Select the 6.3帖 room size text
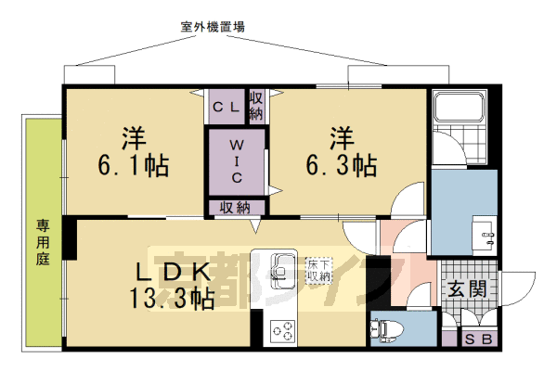[x=343, y=167]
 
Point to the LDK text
[x=174, y=273]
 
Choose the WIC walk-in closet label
[x=237, y=160]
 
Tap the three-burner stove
[x=282, y=329]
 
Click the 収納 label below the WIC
[x=237, y=208]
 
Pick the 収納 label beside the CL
[x=255, y=104]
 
